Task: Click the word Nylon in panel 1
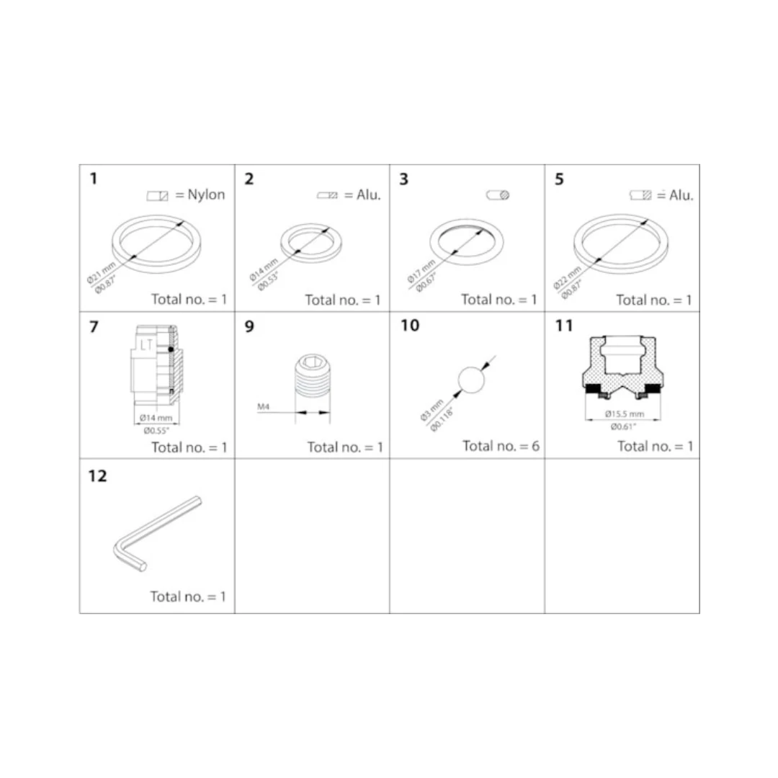click(x=206, y=194)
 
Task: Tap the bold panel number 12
click(x=98, y=476)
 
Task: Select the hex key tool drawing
click(x=158, y=533)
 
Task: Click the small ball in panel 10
click(x=471, y=380)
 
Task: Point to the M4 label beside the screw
click(x=263, y=407)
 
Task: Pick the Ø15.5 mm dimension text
click(x=624, y=413)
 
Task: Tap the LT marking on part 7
click(x=146, y=344)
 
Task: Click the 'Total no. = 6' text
click(x=501, y=446)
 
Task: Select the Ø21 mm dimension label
click(x=102, y=273)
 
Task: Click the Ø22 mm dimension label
click(x=567, y=278)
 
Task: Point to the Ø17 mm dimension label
click(x=421, y=271)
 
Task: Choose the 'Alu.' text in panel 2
click(x=369, y=195)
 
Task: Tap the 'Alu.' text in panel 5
click(x=681, y=195)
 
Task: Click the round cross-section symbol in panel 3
click(x=498, y=195)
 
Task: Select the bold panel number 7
click(x=94, y=327)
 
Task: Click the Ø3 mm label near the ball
click(x=432, y=411)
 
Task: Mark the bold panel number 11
click(x=563, y=326)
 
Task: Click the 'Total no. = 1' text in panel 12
click(x=188, y=596)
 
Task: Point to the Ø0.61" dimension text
click(x=623, y=426)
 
